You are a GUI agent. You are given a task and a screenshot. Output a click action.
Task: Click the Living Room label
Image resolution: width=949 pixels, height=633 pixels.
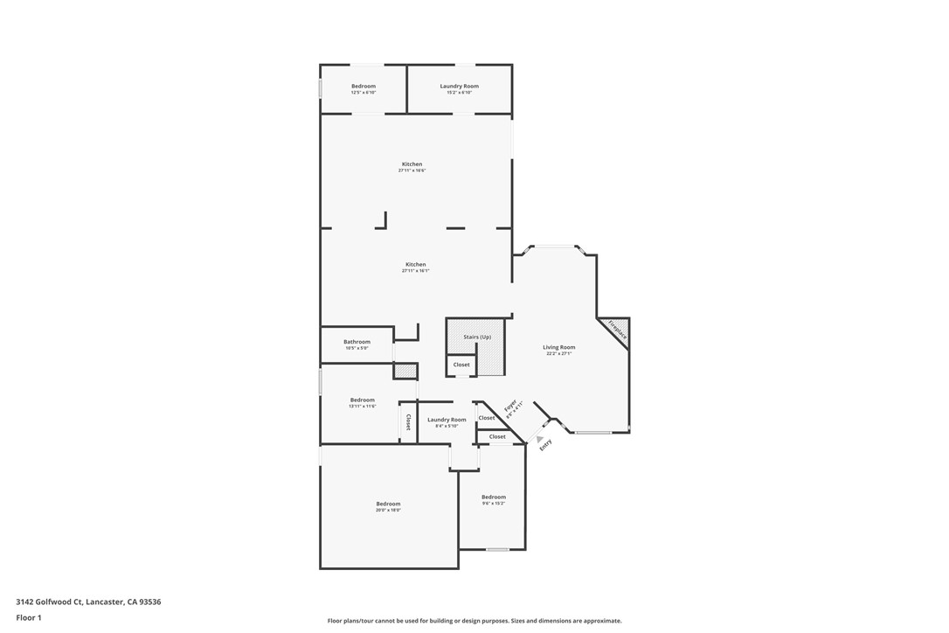tap(558, 347)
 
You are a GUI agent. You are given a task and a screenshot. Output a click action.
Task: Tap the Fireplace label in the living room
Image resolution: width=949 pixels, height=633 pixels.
tap(617, 330)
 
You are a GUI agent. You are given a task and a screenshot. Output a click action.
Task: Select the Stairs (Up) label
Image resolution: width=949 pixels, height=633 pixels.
tap(477, 337)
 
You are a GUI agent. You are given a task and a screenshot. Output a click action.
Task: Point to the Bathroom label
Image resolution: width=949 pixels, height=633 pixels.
tap(357, 342)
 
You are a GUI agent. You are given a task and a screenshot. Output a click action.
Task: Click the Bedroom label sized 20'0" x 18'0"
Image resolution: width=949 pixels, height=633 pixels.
tap(388, 504)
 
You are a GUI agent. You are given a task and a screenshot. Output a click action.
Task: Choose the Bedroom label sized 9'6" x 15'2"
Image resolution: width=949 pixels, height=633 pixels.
tap(494, 497)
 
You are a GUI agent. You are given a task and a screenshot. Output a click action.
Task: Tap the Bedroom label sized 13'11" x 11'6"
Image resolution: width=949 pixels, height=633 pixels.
tap(363, 400)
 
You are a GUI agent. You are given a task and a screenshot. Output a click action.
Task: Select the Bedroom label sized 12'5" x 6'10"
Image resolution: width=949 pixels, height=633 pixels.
tap(364, 86)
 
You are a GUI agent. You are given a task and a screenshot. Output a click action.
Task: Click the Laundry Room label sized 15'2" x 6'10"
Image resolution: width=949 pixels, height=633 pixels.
tap(459, 86)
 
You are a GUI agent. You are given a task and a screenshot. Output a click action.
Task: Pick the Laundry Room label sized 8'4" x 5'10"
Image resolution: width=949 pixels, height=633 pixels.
tap(447, 420)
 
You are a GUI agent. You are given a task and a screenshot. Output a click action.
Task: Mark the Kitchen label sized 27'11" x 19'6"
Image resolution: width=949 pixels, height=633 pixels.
tap(412, 164)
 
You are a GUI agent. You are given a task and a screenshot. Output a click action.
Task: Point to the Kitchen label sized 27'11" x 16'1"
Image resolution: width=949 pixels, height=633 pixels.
tap(415, 264)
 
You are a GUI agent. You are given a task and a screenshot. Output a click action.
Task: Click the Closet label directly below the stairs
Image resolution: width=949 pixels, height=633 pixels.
tap(461, 365)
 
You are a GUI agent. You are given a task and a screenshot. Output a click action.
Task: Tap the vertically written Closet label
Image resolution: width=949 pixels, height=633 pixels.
tap(408, 421)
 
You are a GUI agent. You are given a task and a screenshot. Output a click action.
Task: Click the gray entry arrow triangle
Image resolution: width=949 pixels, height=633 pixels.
tap(539, 439)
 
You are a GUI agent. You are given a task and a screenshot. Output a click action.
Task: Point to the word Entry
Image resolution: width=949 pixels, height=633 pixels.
tap(546, 444)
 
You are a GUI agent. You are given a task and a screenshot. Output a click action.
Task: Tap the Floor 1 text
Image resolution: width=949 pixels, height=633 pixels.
tap(29, 617)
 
